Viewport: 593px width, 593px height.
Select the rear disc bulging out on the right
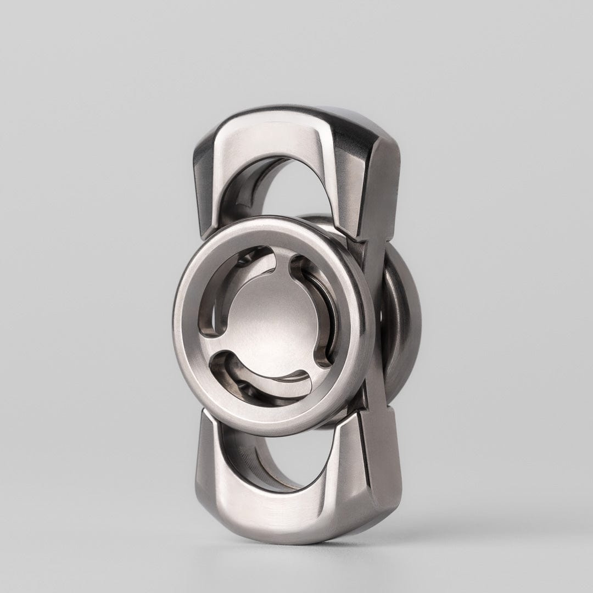401,324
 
